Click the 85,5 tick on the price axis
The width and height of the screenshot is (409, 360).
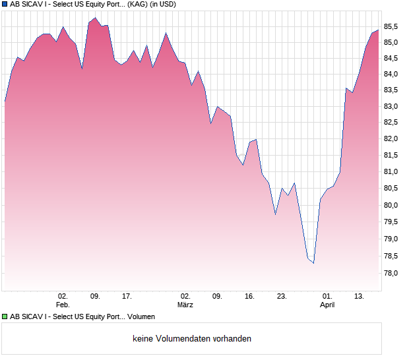tap(392, 26)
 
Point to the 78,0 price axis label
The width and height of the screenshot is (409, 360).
tap(392, 273)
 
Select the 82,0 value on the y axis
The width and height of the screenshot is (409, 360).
tap(392, 139)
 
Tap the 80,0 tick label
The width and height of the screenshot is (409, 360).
tap(392, 206)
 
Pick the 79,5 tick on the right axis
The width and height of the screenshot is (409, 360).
tap(392, 223)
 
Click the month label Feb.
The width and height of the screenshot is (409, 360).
tap(63, 305)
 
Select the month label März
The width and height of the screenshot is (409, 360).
tap(185, 305)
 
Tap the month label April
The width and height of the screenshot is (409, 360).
tap(327, 305)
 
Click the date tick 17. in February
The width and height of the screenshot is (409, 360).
tap(127, 297)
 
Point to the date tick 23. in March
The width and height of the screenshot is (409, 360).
tap(282, 297)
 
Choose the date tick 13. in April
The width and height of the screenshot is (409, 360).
tap(360, 297)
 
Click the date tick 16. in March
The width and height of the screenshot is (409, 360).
tap(249, 297)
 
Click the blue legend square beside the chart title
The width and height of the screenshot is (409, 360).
tap(5, 4)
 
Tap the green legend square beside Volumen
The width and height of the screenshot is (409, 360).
tap(5, 316)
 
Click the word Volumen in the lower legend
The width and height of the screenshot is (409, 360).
tap(141, 316)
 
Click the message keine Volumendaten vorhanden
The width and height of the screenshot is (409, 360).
tap(192, 339)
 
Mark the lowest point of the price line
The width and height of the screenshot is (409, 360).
tap(314, 263)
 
